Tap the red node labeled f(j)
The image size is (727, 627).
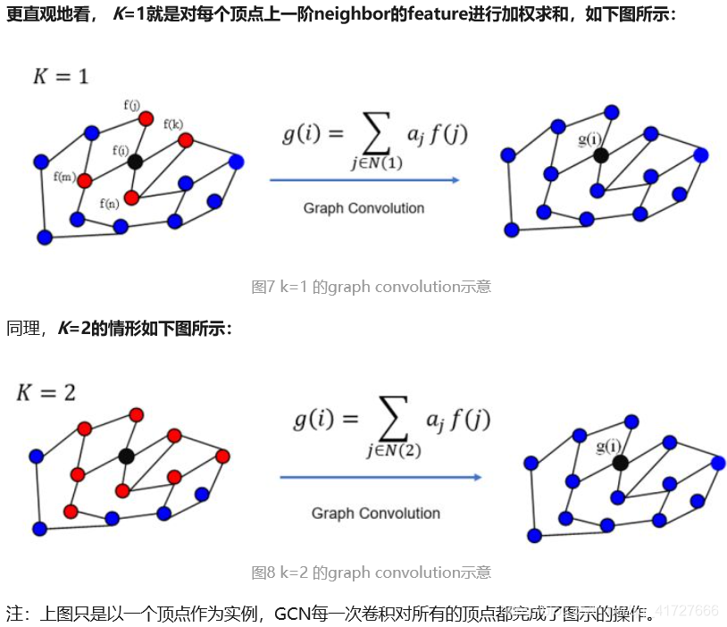coord(146,119)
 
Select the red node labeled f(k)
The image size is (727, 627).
coord(185,140)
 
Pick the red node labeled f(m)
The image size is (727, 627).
coord(85,180)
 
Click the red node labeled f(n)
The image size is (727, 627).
coord(131,197)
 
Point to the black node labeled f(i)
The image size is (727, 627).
coord(135,162)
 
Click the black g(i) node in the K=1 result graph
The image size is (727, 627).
coord(601,155)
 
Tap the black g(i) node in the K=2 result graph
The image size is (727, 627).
coord(620,462)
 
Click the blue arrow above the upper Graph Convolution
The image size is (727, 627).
coord(364,180)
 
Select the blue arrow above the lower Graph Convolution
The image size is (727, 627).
coord(380,477)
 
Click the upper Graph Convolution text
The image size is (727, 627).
coord(363,208)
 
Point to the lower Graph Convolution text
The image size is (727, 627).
coord(376,514)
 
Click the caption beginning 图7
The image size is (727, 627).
coord(372,287)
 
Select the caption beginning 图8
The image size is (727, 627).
coord(372,573)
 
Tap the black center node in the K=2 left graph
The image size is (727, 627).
coord(126,456)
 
